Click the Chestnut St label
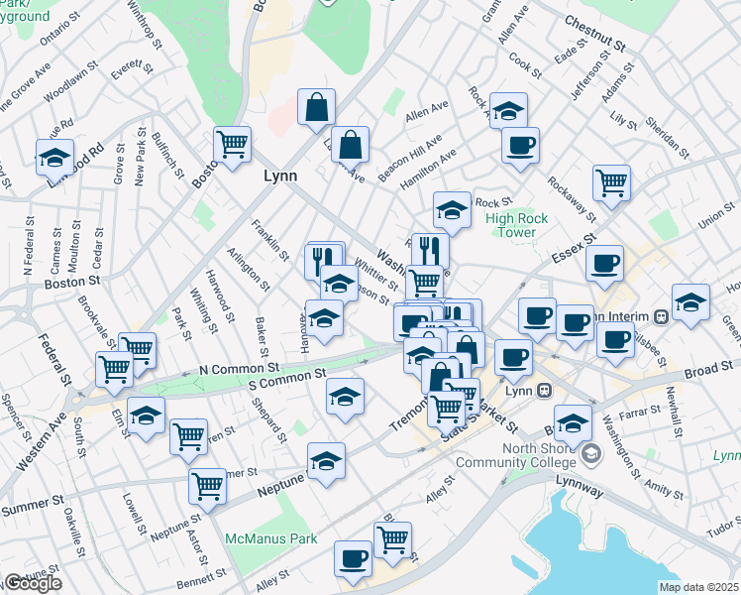(x=594, y=21)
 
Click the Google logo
(x=33, y=584)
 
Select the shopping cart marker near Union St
(x=612, y=182)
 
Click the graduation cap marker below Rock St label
(x=452, y=210)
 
